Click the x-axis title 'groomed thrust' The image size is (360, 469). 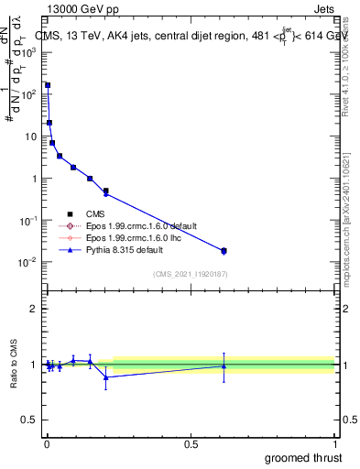[x=303, y=456]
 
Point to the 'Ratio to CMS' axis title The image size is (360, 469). [x=16, y=365]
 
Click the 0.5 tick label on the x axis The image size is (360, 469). [x=191, y=442]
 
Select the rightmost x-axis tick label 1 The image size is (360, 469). [x=334, y=442]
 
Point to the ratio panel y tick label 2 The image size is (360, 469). [x=36, y=309]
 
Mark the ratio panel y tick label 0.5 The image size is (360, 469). [x=32, y=420]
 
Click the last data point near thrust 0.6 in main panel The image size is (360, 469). [x=224, y=250]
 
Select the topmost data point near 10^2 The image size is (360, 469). [x=48, y=85]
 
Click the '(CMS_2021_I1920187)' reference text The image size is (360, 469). [x=191, y=274]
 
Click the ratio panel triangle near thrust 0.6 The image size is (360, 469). [x=224, y=365]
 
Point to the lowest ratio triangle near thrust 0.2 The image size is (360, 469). [x=106, y=376]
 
